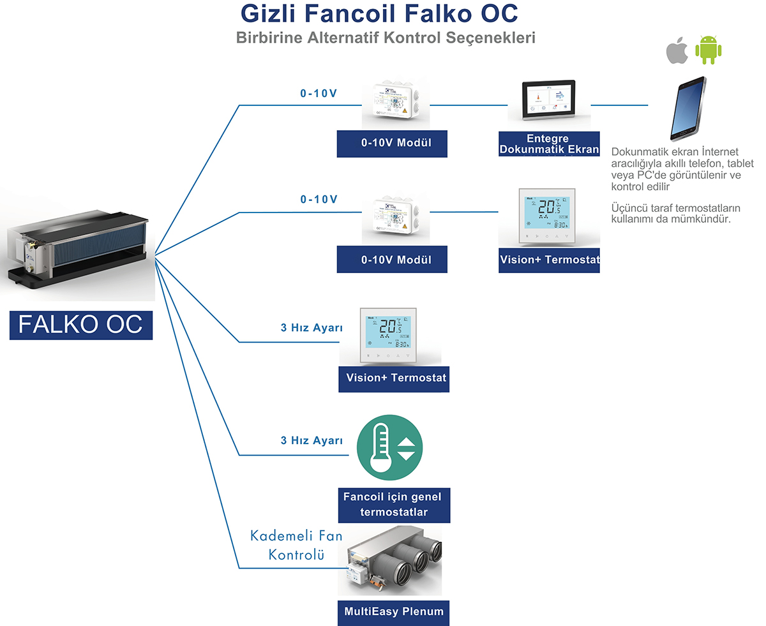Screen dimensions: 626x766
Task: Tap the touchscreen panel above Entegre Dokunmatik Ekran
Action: pyautogui.click(x=550, y=101)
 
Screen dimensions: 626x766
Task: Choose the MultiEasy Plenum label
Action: pyautogui.click(x=393, y=611)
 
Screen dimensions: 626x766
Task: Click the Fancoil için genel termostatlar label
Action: pyautogui.click(x=393, y=505)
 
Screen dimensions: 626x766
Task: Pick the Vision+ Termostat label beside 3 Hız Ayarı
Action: pyautogui.click(x=393, y=377)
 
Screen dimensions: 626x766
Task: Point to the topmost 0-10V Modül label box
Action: pyautogui.click(x=392, y=143)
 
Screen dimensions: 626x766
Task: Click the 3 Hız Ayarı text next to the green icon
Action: pyautogui.click(x=312, y=440)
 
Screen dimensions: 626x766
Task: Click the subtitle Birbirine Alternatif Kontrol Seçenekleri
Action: pyautogui.click(x=386, y=37)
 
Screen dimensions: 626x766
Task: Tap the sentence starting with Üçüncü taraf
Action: pyautogui.click(x=675, y=214)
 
